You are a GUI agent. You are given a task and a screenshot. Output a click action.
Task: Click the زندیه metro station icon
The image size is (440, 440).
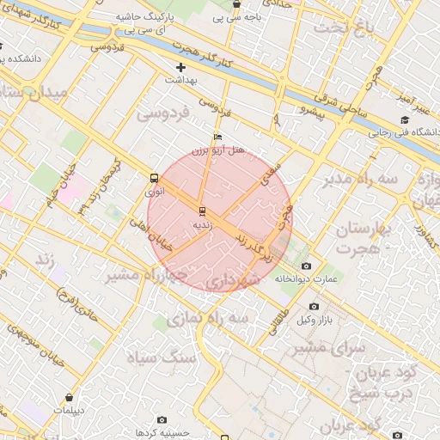pos(202,210)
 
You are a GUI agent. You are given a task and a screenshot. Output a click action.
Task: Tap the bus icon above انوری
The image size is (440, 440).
pos(153,179)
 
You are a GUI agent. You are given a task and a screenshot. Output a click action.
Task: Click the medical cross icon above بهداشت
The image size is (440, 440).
pos(180,67)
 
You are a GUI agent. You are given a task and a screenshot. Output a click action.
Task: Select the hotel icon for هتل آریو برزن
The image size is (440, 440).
pos(217,137)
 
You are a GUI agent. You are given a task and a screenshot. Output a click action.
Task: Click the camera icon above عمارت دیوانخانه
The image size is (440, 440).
pos(307,266)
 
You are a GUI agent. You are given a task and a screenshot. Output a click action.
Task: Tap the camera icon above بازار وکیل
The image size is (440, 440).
pos(314,307)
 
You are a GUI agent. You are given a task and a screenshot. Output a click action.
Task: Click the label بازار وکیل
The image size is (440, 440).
pos(315,321)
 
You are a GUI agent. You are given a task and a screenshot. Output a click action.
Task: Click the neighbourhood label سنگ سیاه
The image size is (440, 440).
pos(162,356)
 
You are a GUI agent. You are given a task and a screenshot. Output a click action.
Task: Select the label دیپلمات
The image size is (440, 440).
pos(69,411)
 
